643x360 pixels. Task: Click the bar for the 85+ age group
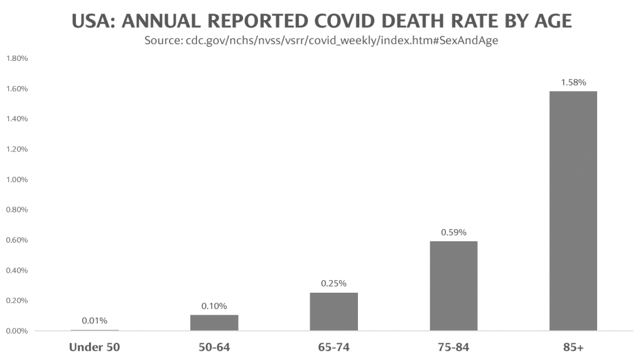tap(573, 210)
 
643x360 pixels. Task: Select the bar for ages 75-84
tap(453, 286)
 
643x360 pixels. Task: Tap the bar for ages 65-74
tap(333, 311)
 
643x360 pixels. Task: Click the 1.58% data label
tap(573, 82)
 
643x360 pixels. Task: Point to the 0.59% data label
tap(453, 232)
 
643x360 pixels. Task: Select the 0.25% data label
tap(333, 283)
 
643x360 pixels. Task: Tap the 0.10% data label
tap(214, 306)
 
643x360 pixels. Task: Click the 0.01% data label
tap(94, 321)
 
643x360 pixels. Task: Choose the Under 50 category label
tap(94, 347)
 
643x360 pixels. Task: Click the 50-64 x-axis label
tap(214, 347)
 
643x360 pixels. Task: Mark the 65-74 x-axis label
tap(333, 347)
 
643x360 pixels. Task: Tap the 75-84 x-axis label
tap(453, 347)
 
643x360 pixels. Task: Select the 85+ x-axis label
tap(573, 347)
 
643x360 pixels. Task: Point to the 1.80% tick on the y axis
tap(17, 58)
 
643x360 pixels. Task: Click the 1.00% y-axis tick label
tap(17, 180)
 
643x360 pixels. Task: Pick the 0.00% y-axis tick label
tap(17, 331)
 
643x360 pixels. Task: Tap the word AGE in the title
tap(549, 21)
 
